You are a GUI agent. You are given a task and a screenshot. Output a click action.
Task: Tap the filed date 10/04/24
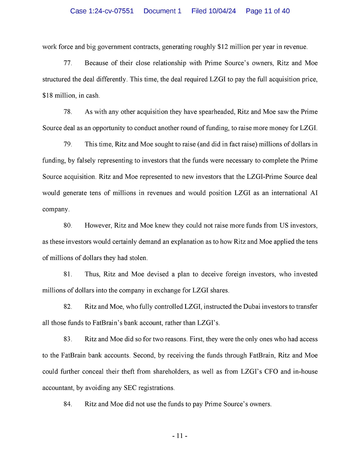point(222,11)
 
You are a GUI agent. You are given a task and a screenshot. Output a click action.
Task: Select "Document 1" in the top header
point(162,11)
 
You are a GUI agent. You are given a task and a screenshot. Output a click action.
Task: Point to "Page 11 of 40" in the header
point(268,11)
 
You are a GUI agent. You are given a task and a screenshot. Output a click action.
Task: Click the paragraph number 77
point(68,63)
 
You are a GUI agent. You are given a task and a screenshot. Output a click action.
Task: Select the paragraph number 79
point(68,144)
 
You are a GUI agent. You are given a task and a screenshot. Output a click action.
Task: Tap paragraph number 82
point(68,307)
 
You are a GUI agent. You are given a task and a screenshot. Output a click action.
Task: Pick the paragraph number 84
point(68,404)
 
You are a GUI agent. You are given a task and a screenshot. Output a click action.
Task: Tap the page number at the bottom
point(180,436)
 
